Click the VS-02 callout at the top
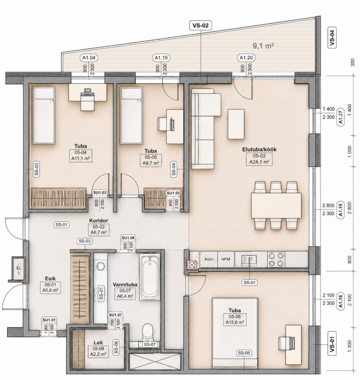click(200, 26)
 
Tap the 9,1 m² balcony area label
click(263, 46)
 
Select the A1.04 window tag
click(89, 57)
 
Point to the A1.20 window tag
click(246, 57)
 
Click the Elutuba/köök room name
click(259, 149)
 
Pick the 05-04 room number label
click(80, 152)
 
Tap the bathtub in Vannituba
click(150, 277)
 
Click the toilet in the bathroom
click(147, 332)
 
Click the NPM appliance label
click(226, 259)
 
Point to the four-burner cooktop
click(276, 259)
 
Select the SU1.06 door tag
click(128, 238)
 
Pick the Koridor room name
click(98, 220)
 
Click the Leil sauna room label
click(98, 342)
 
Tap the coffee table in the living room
click(236, 124)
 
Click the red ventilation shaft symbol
click(192, 265)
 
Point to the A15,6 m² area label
click(234, 322)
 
